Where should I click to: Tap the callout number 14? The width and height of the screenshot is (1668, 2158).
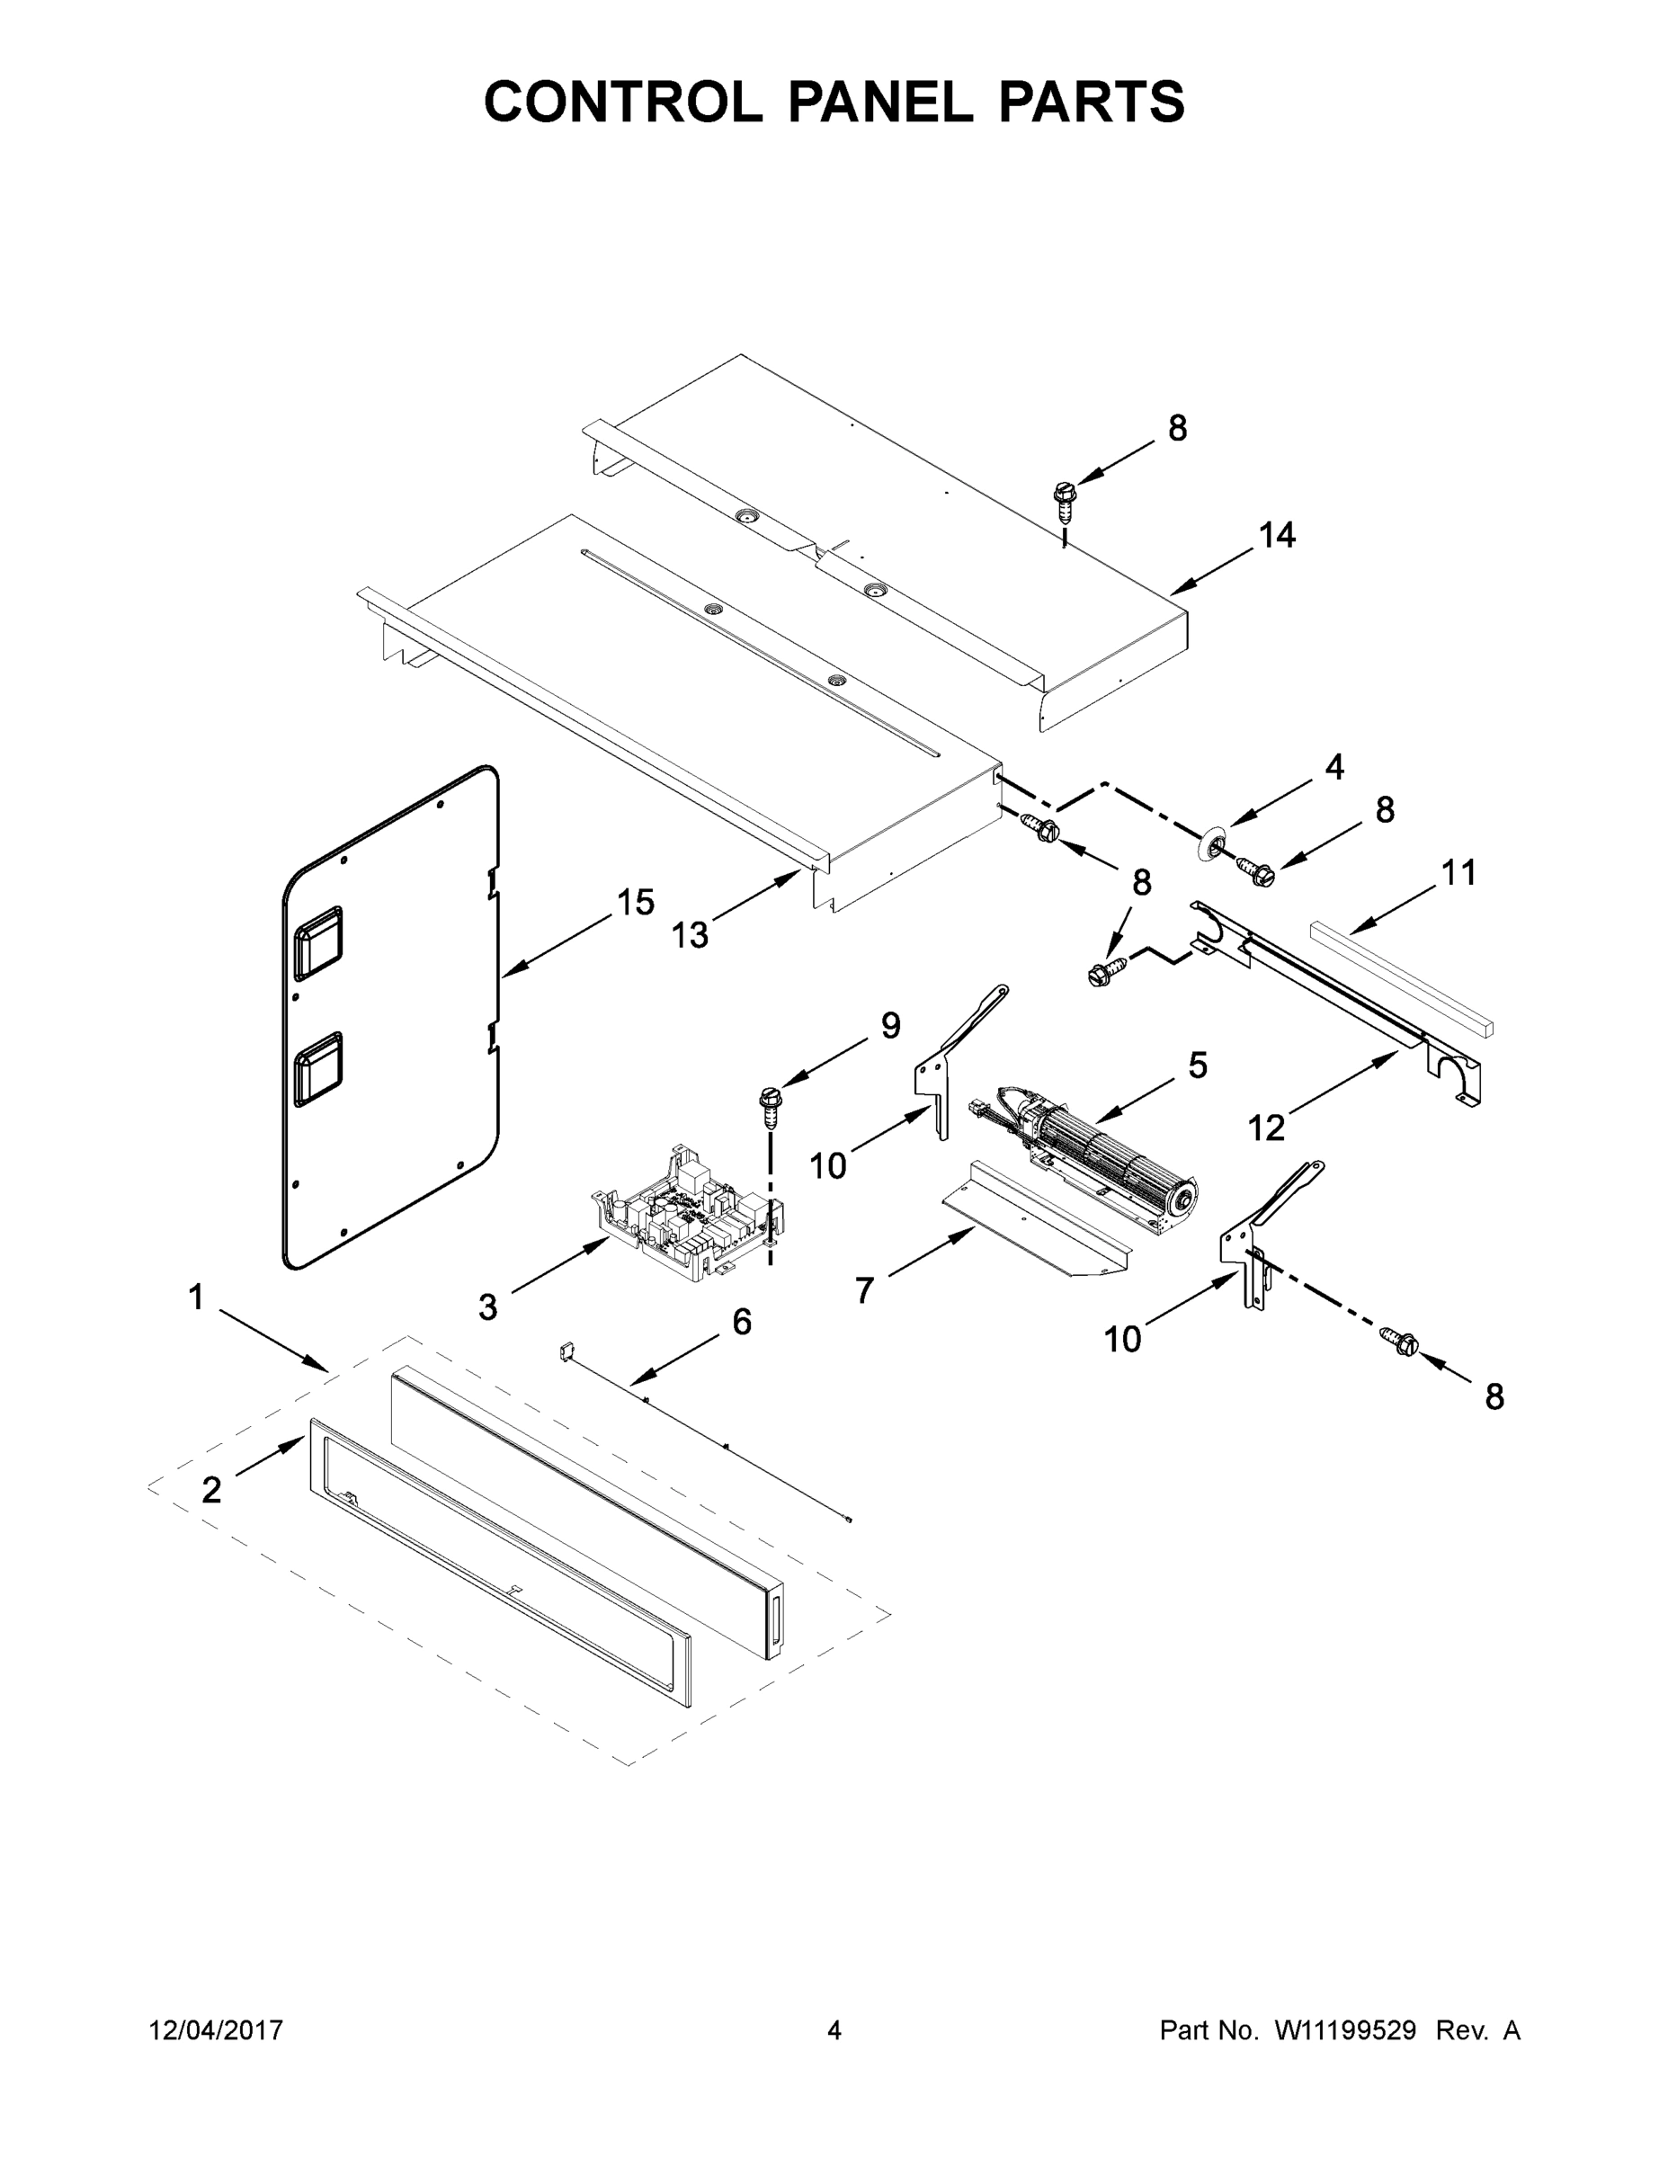[x=1277, y=535]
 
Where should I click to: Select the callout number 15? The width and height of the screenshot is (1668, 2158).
[x=636, y=902]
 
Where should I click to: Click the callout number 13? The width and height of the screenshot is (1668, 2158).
[x=690, y=935]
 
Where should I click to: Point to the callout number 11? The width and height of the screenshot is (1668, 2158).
[x=1458, y=872]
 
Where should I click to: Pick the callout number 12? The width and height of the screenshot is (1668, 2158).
[x=1267, y=1128]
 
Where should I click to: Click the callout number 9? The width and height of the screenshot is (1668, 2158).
[x=890, y=1026]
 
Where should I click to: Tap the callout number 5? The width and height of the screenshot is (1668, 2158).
[x=1197, y=1066]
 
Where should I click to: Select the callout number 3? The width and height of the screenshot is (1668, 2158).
[x=488, y=1307]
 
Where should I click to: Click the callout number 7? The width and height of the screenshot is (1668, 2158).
[x=865, y=1290]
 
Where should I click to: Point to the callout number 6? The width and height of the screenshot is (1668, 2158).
[x=741, y=1321]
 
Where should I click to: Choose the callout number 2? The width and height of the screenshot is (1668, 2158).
[x=211, y=1489]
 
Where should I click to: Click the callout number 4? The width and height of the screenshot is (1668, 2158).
[x=1334, y=767]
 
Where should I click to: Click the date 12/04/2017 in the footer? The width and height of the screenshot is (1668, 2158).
[x=216, y=2029]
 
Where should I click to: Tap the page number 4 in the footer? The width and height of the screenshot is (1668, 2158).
[x=834, y=2029]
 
